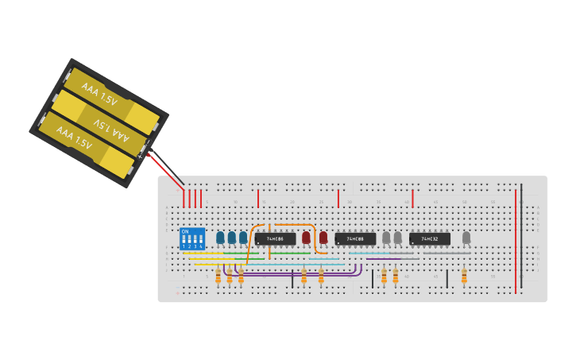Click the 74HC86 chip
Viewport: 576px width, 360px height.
click(x=276, y=238)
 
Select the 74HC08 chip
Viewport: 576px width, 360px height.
click(x=355, y=238)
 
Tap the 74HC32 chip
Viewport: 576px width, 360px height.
click(x=430, y=238)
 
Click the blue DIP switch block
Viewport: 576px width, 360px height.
click(x=192, y=238)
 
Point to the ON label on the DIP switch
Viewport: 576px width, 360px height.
click(x=185, y=231)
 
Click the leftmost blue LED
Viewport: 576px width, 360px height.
click(x=220, y=237)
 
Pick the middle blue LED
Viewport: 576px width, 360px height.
click(x=232, y=237)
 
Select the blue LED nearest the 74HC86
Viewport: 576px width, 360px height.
click(x=243, y=237)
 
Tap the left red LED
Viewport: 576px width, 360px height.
click(x=306, y=237)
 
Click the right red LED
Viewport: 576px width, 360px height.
click(x=323, y=237)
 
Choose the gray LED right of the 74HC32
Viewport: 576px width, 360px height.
click(x=466, y=237)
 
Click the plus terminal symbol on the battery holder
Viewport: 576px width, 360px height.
click(x=141, y=156)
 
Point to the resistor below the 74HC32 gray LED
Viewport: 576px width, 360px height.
click(x=464, y=276)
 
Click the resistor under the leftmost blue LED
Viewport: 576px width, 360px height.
click(x=218, y=276)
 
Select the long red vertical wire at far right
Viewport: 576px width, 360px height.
click(x=515, y=238)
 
